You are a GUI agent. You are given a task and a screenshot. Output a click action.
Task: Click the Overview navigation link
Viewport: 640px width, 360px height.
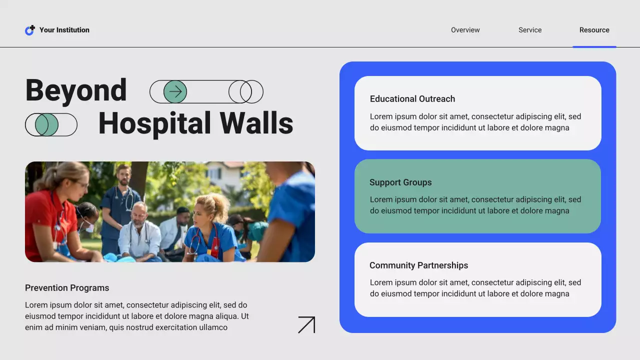click(x=465, y=30)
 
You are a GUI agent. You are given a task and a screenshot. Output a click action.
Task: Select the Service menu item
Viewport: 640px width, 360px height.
click(x=530, y=30)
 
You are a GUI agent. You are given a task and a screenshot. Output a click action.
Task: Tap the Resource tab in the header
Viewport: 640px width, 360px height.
click(x=594, y=30)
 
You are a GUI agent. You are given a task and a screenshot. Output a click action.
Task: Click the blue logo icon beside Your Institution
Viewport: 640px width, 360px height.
click(x=30, y=30)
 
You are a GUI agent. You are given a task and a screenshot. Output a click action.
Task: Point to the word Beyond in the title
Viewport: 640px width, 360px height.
click(x=76, y=90)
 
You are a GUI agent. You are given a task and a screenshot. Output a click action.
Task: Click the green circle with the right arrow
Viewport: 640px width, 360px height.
click(x=175, y=91)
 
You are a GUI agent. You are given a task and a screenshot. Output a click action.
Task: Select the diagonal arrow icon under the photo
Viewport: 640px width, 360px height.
click(x=306, y=324)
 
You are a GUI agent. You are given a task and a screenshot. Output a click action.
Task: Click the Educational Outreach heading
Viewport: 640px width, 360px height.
click(x=412, y=99)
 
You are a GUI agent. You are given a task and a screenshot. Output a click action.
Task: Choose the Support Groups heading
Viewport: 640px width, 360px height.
click(x=400, y=182)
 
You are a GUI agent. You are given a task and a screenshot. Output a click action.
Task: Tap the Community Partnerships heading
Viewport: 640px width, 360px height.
click(x=418, y=265)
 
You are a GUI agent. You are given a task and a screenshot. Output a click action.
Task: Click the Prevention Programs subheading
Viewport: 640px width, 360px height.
click(x=67, y=288)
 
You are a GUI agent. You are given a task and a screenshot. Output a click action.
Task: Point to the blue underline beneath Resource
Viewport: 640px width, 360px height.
click(x=594, y=47)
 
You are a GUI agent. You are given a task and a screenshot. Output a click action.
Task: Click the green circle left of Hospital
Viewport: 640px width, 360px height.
click(x=47, y=124)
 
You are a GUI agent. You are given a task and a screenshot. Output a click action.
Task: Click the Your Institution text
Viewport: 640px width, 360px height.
click(x=64, y=30)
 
